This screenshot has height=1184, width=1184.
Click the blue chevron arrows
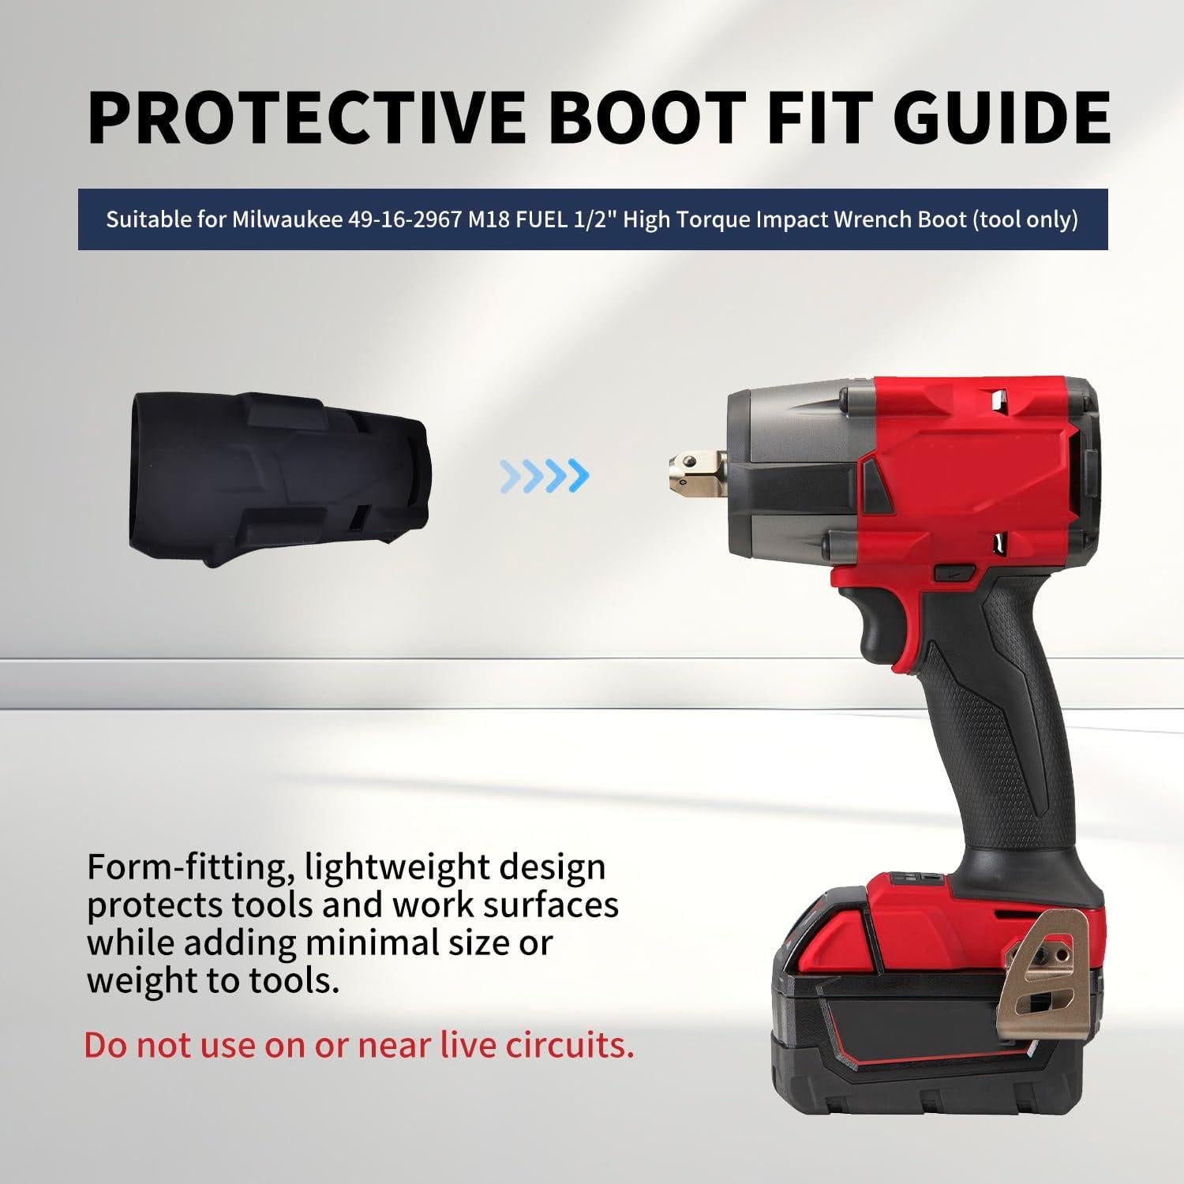pos(545,474)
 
